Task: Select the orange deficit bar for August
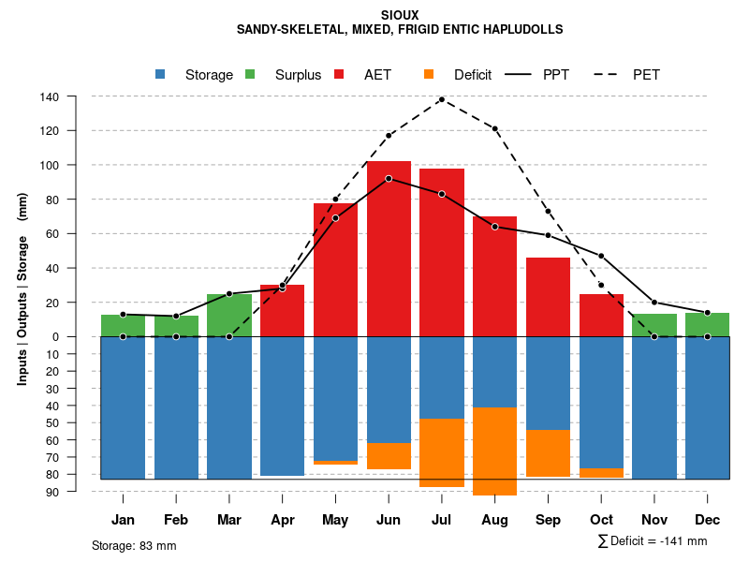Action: [x=494, y=451]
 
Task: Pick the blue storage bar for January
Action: [x=123, y=407]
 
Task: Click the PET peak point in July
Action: [x=442, y=99]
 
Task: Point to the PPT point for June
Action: [x=389, y=178]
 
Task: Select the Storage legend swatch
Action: [x=161, y=75]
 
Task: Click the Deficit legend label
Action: [x=473, y=75]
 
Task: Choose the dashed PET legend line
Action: [x=607, y=75]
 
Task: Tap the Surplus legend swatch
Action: [x=250, y=75]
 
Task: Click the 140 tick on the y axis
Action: [x=50, y=96]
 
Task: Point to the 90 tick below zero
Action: [x=53, y=492]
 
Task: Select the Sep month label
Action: [x=548, y=520]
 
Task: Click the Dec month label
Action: [x=708, y=520]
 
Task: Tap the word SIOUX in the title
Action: [x=401, y=16]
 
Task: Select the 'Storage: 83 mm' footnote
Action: [x=134, y=545]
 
